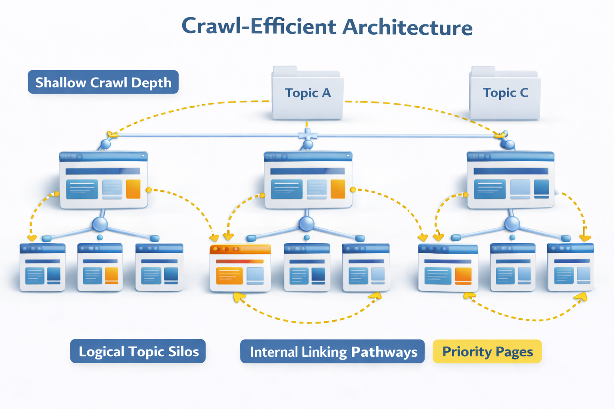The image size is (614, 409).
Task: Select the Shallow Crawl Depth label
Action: pyautogui.click(x=103, y=82)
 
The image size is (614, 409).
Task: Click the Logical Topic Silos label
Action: pyautogui.click(x=138, y=351)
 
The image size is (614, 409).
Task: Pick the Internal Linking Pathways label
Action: pyautogui.click(x=332, y=352)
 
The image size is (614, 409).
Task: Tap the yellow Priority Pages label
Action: pyautogui.click(x=487, y=352)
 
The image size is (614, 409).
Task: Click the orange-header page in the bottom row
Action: pyautogui.click(x=240, y=268)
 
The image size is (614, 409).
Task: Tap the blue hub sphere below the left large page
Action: pyautogui.click(x=100, y=224)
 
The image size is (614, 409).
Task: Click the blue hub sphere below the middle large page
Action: pyautogui.click(x=307, y=224)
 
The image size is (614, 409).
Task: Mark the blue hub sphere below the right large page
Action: pyautogui.click(x=512, y=224)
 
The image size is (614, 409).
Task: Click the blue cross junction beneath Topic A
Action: pyautogui.click(x=307, y=135)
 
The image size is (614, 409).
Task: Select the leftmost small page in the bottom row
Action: pyautogui.click(x=43, y=267)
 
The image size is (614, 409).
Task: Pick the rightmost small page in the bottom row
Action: pyautogui.click(x=570, y=267)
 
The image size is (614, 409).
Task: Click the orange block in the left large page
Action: pyautogui.click(x=133, y=189)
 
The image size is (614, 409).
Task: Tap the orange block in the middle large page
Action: pyautogui.click(x=338, y=189)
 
